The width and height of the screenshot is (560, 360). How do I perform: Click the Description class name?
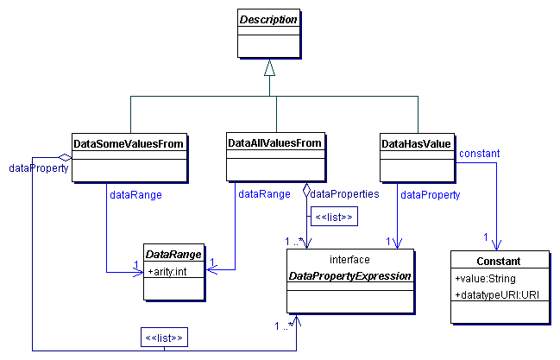(268, 19)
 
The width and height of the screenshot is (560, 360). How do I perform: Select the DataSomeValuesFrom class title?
(129, 142)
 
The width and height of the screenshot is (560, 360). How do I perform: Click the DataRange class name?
(173, 255)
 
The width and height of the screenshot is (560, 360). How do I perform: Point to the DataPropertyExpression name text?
(349, 275)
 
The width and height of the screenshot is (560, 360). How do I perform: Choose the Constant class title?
(499, 260)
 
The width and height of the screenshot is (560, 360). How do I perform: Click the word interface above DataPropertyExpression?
(349, 259)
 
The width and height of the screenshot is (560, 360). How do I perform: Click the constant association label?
(479, 154)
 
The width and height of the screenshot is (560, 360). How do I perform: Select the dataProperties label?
(345, 194)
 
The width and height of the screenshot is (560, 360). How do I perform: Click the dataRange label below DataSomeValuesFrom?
(135, 194)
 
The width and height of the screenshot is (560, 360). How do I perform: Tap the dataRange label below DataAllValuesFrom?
(264, 194)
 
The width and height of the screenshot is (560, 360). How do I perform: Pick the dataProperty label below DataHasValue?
(430, 194)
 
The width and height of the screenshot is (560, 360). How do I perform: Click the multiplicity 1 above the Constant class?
(487, 236)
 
